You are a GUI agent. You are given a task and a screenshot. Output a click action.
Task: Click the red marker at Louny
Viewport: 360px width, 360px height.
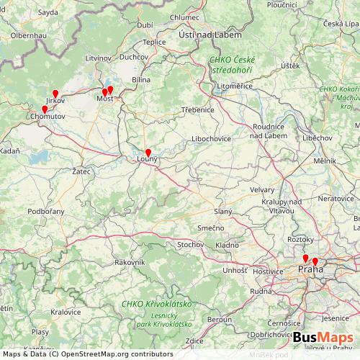(148, 153)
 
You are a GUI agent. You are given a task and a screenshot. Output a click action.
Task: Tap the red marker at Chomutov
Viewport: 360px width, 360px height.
(45, 109)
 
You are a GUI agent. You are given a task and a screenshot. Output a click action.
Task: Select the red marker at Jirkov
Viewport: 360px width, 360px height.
(55, 94)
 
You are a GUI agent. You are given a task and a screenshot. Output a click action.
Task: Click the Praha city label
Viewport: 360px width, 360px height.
(310, 269)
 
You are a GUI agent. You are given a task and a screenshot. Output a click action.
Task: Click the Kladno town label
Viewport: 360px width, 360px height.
(227, 246)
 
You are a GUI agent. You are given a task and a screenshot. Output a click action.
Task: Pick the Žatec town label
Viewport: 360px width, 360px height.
(81, 172)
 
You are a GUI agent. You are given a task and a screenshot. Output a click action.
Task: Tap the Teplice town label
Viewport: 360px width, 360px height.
(154, 42)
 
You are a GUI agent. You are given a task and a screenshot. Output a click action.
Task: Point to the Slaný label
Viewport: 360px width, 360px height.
(223, 210)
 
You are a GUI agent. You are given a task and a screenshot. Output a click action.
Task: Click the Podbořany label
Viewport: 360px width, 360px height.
(46, 211)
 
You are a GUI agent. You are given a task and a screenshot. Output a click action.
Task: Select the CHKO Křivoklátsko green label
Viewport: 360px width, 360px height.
(152, 304)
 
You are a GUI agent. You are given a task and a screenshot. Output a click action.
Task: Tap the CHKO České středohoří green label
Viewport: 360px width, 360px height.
(234, 66)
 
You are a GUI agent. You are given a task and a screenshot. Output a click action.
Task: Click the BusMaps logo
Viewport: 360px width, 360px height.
(323, 338)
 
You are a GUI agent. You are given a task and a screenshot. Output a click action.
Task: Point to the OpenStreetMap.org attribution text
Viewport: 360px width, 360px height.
(87, 354)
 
